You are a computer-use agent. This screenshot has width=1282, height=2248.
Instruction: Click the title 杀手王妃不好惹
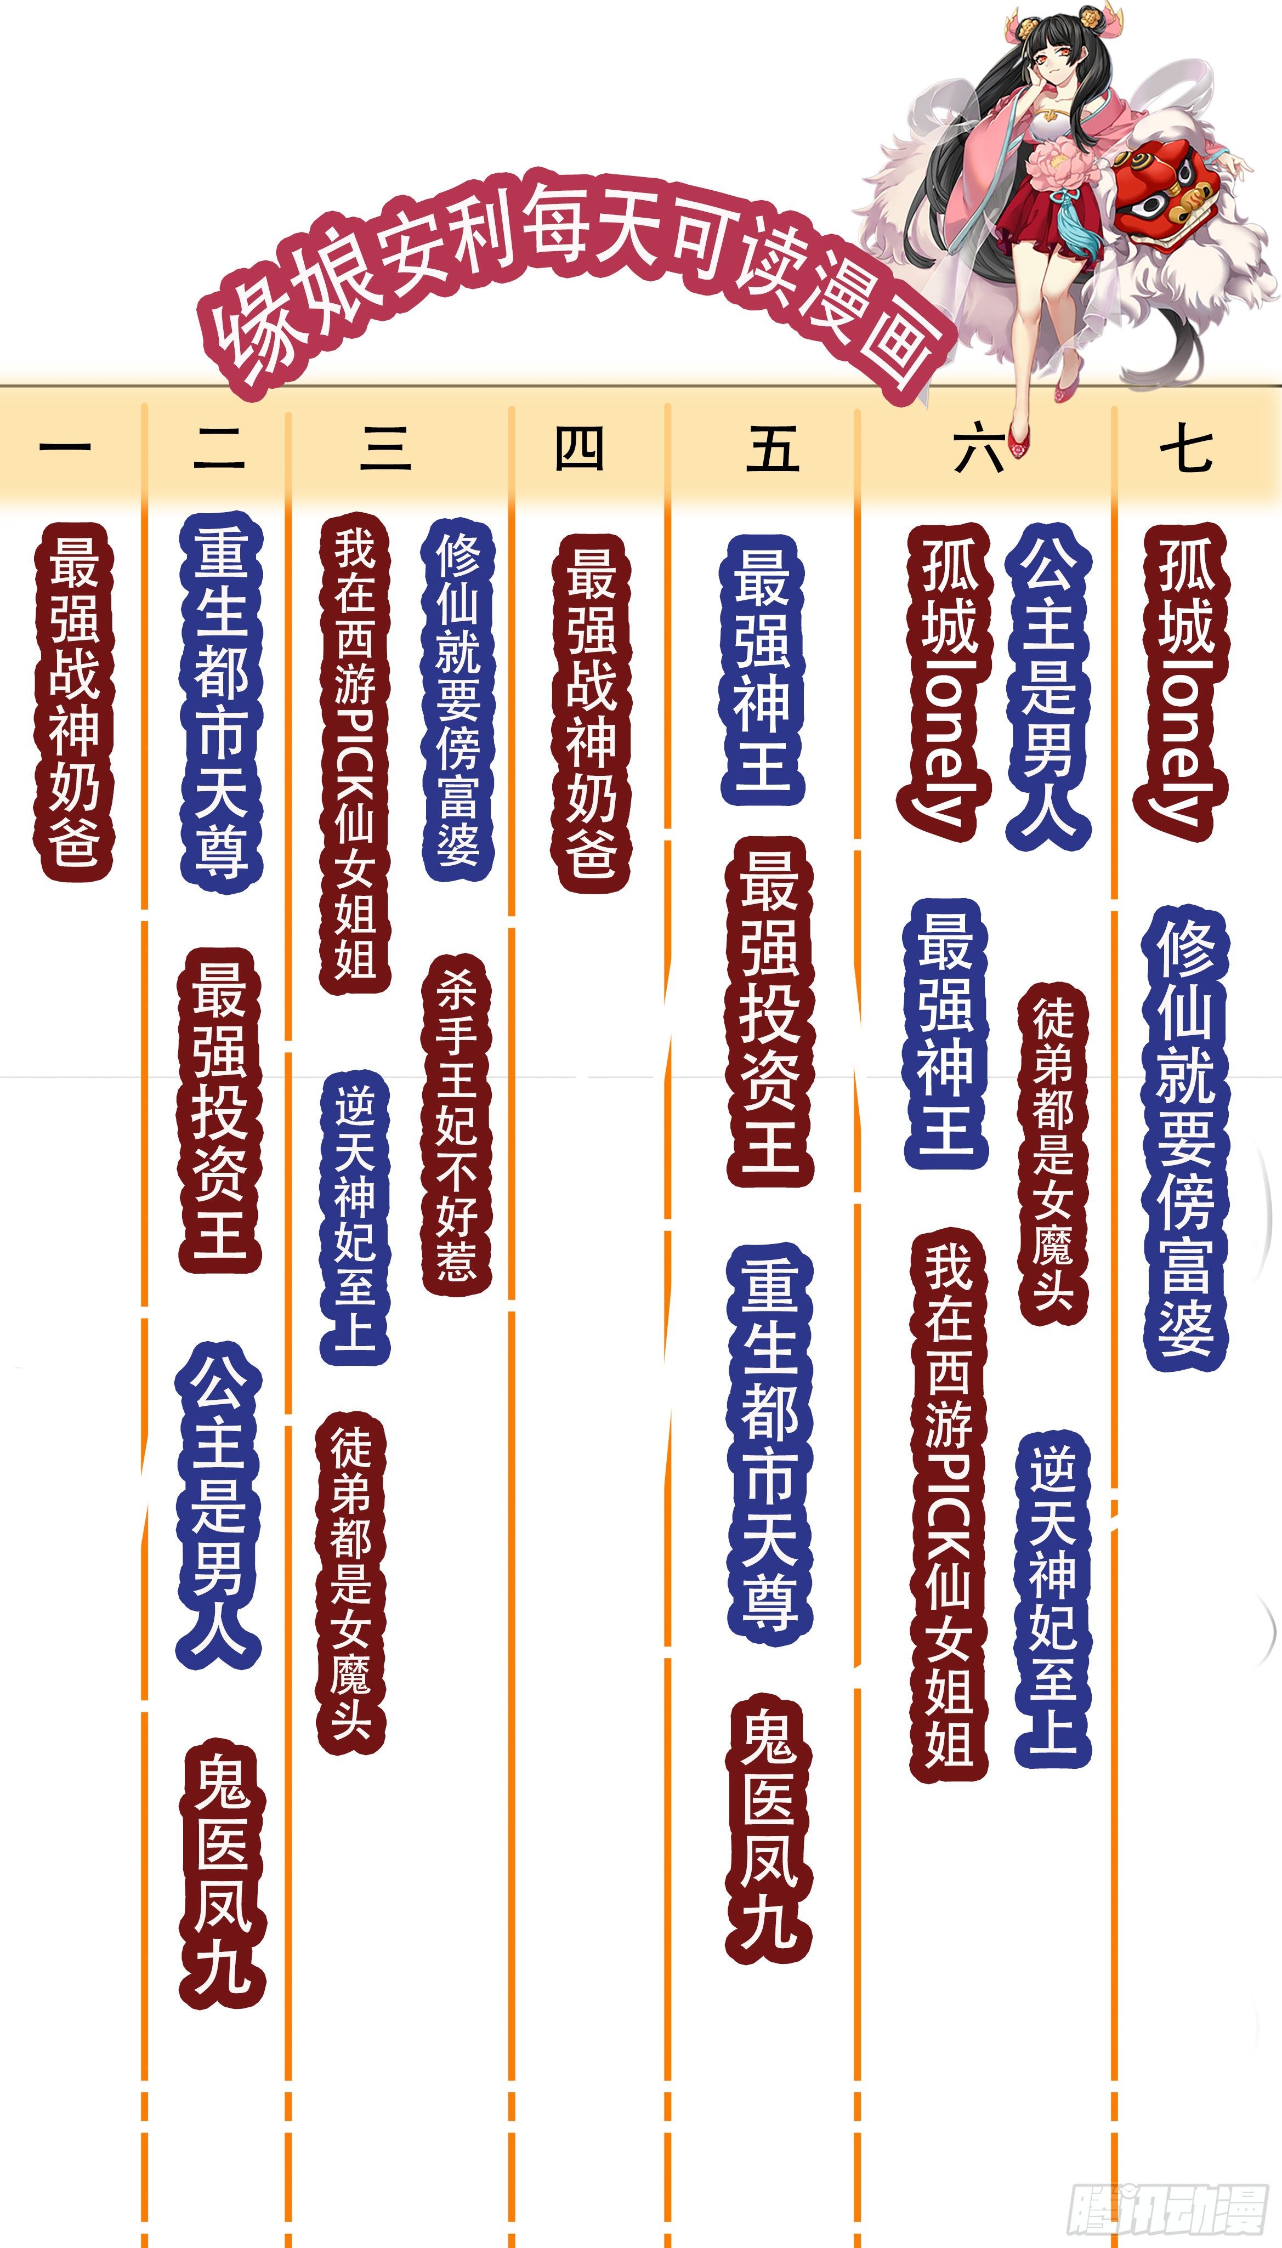(456, 1127)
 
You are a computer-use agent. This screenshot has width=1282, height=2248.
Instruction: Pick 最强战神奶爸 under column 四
(590, 713)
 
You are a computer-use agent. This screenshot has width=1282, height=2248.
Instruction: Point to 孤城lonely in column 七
(1182, 682)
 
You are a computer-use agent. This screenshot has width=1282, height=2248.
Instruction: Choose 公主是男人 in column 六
(1048, 686)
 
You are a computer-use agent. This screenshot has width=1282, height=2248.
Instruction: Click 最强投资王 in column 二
(220, 1109)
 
